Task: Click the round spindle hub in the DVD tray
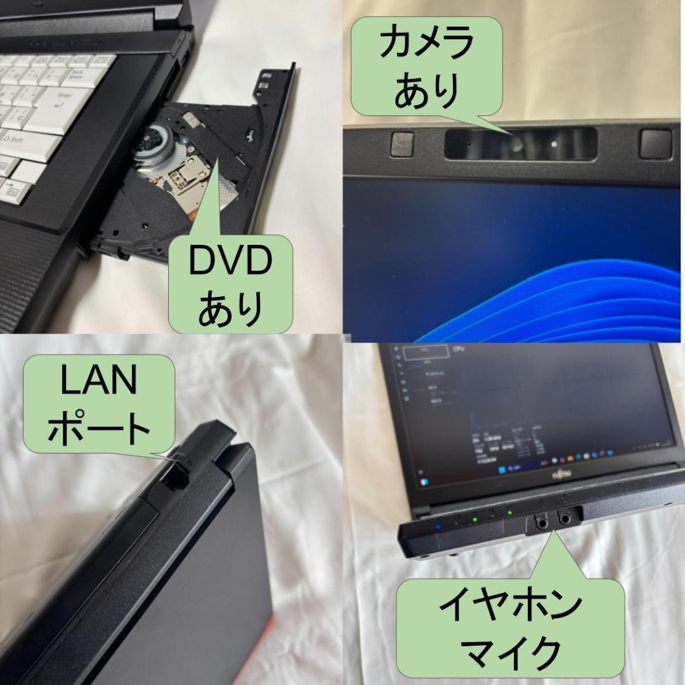pos(153,140)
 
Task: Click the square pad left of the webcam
pos(402,145)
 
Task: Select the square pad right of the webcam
pos(655,143)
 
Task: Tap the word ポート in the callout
pos(99,427)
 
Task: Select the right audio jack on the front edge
pos(563,518)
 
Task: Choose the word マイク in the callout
pos(510,652)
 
